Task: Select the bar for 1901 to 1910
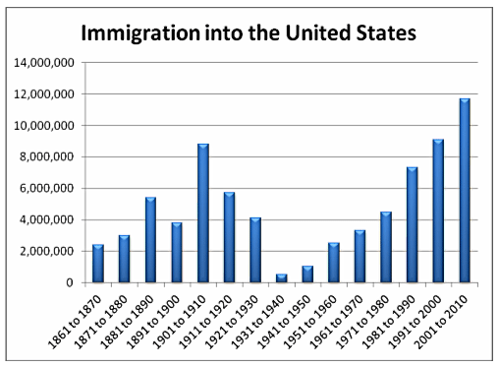tap(202, 214)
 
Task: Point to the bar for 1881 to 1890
tap(150, 240)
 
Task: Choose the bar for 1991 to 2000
tap(438, 212)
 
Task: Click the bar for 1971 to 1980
tap(385, 247)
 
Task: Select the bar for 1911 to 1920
tap(228, 237)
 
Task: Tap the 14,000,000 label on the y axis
tap(43, 63)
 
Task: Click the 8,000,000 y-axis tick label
tap(46, 157)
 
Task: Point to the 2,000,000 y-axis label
tap(46, 251)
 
